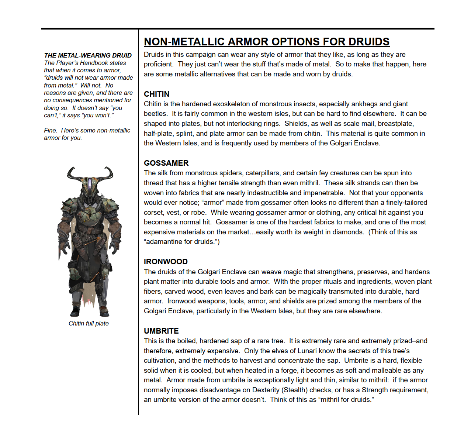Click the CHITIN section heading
[x=156, y=94]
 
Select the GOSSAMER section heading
[x=166, y=163]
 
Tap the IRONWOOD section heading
[x=166, y=262]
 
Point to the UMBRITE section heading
[x=161, y=331]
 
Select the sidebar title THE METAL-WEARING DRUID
[x=88, y=55]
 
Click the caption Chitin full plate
[x=89, y=323]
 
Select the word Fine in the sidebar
[x=50, y=131]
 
